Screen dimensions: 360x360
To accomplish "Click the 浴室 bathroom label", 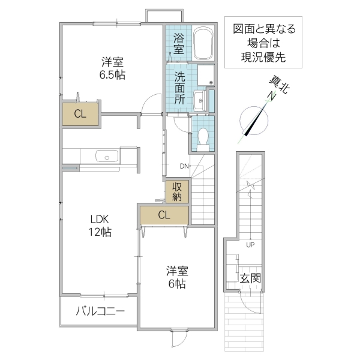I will coord(178,43).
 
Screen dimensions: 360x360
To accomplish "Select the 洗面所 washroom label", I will coord(179,88).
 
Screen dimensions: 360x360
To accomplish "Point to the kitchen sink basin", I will coord(107,157).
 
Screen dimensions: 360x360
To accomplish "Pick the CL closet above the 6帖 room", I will coord(164,214).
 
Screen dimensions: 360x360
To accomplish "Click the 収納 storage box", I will coord(178,191).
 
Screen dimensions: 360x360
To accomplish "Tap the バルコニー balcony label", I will coord(100,311).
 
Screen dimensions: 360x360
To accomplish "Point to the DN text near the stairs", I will coord(184,166).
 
